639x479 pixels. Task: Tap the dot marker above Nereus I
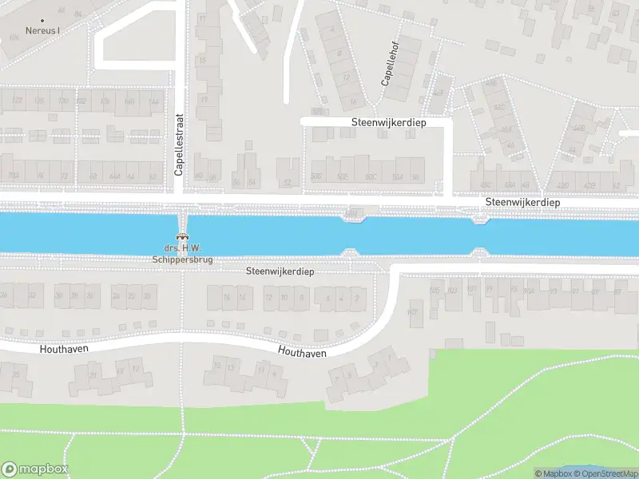pos(42,20)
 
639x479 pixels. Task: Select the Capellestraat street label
pos(180,144)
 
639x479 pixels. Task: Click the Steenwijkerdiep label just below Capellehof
pos(389,122)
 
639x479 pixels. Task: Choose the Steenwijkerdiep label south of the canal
pos(280,271)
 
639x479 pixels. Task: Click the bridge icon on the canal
pos(183,236)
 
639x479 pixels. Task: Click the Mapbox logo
pos(34,469)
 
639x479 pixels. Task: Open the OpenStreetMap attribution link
pos(605,474)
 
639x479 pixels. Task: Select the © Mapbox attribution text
pos(554,474)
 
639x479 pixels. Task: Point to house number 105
pos(435,289)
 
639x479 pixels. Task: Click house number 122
pos(18,101)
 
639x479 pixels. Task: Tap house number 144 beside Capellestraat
pos(154,102)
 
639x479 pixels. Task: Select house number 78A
pos(14,176)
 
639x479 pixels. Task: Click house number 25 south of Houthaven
pos(15,373)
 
